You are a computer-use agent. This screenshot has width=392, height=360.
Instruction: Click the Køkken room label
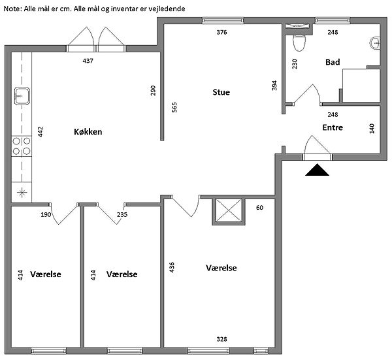point(88,132)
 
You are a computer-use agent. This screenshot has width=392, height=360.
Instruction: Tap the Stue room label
point(221,92)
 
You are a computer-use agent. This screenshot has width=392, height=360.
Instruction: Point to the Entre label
point(333,127)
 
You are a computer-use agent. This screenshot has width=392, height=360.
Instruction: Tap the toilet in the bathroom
point(299,42)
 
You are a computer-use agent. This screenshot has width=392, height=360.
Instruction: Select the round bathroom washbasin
point(376,43)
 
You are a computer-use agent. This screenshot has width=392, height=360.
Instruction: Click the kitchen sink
point(21,97)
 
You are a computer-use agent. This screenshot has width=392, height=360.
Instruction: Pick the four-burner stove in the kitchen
point(21,146)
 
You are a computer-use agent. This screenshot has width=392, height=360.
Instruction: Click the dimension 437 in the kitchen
point(88,61)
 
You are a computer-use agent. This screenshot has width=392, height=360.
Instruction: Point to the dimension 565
point(174,108)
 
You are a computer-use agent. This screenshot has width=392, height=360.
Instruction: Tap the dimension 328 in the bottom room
point(222,339)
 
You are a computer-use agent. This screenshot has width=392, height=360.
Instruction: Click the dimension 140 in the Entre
point(372,128)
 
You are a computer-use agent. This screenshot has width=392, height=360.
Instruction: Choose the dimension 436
point(172,269)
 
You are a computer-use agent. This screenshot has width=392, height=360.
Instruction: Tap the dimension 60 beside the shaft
point(259,208)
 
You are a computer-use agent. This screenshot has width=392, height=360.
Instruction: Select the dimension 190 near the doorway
point(46,214)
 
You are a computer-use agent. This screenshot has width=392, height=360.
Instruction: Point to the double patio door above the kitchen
point(97,41)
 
